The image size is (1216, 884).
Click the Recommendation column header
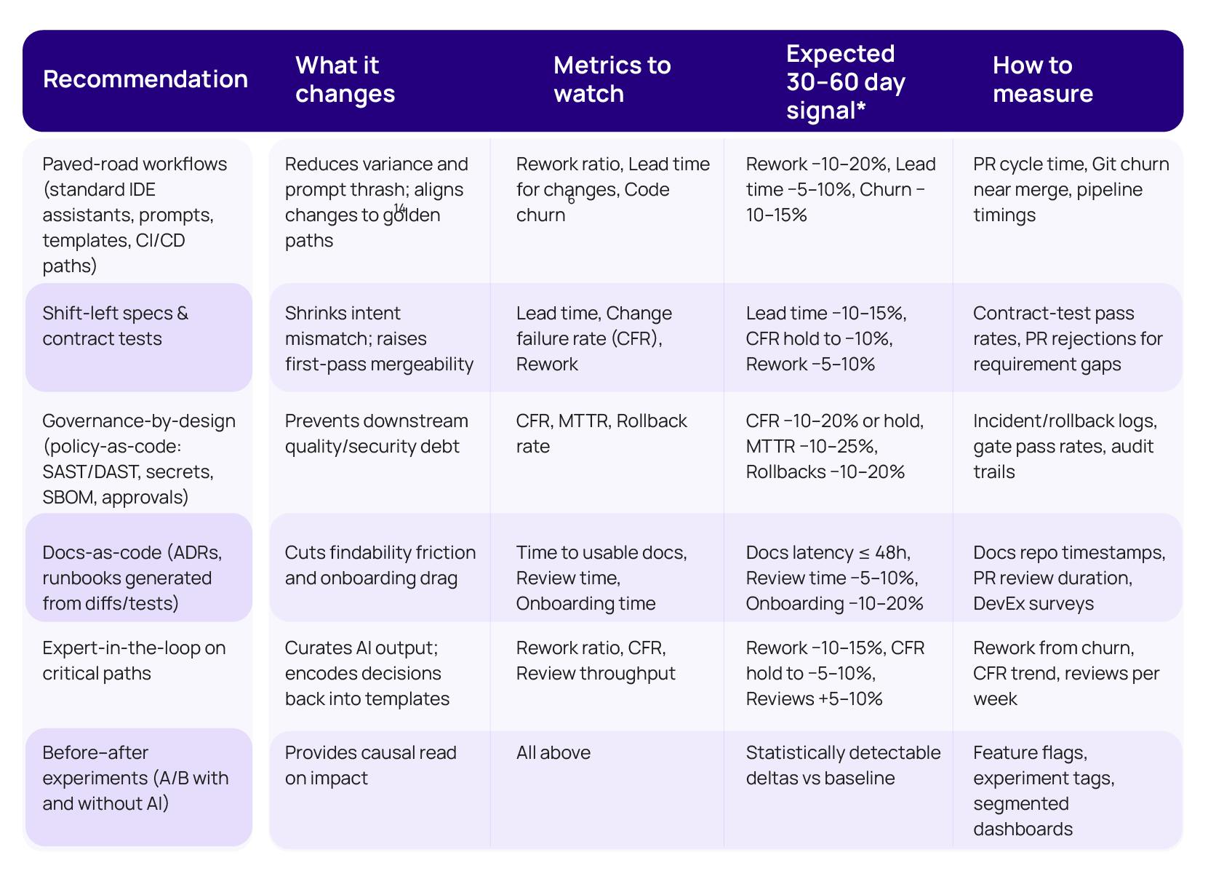[145, 79]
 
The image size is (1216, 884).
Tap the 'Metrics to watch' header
[612, 79]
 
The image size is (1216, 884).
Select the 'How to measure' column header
[1042, 79]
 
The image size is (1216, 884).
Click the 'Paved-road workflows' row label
[135, 215]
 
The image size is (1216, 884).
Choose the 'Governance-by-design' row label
[138, 458]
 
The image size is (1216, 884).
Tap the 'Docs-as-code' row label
[132, 578]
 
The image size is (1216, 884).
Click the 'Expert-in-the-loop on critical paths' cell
[134, 661]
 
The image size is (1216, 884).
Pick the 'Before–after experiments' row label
[135, 778]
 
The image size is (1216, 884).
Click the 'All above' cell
[553, 752]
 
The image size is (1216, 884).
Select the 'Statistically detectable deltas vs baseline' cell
[843, 765]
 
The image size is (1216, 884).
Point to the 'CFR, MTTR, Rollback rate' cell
[601, 434]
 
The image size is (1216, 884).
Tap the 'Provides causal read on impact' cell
[370, 765]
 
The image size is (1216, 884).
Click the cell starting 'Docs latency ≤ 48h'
[834, 578]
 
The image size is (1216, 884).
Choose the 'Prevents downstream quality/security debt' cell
[376, 434]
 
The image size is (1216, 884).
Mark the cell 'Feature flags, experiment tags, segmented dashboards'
[1044, 790]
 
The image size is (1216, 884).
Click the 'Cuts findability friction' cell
[380, 565]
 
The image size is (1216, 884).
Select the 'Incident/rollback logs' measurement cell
[1065, 446]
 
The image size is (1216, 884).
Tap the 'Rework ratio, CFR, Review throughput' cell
[595, 661]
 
